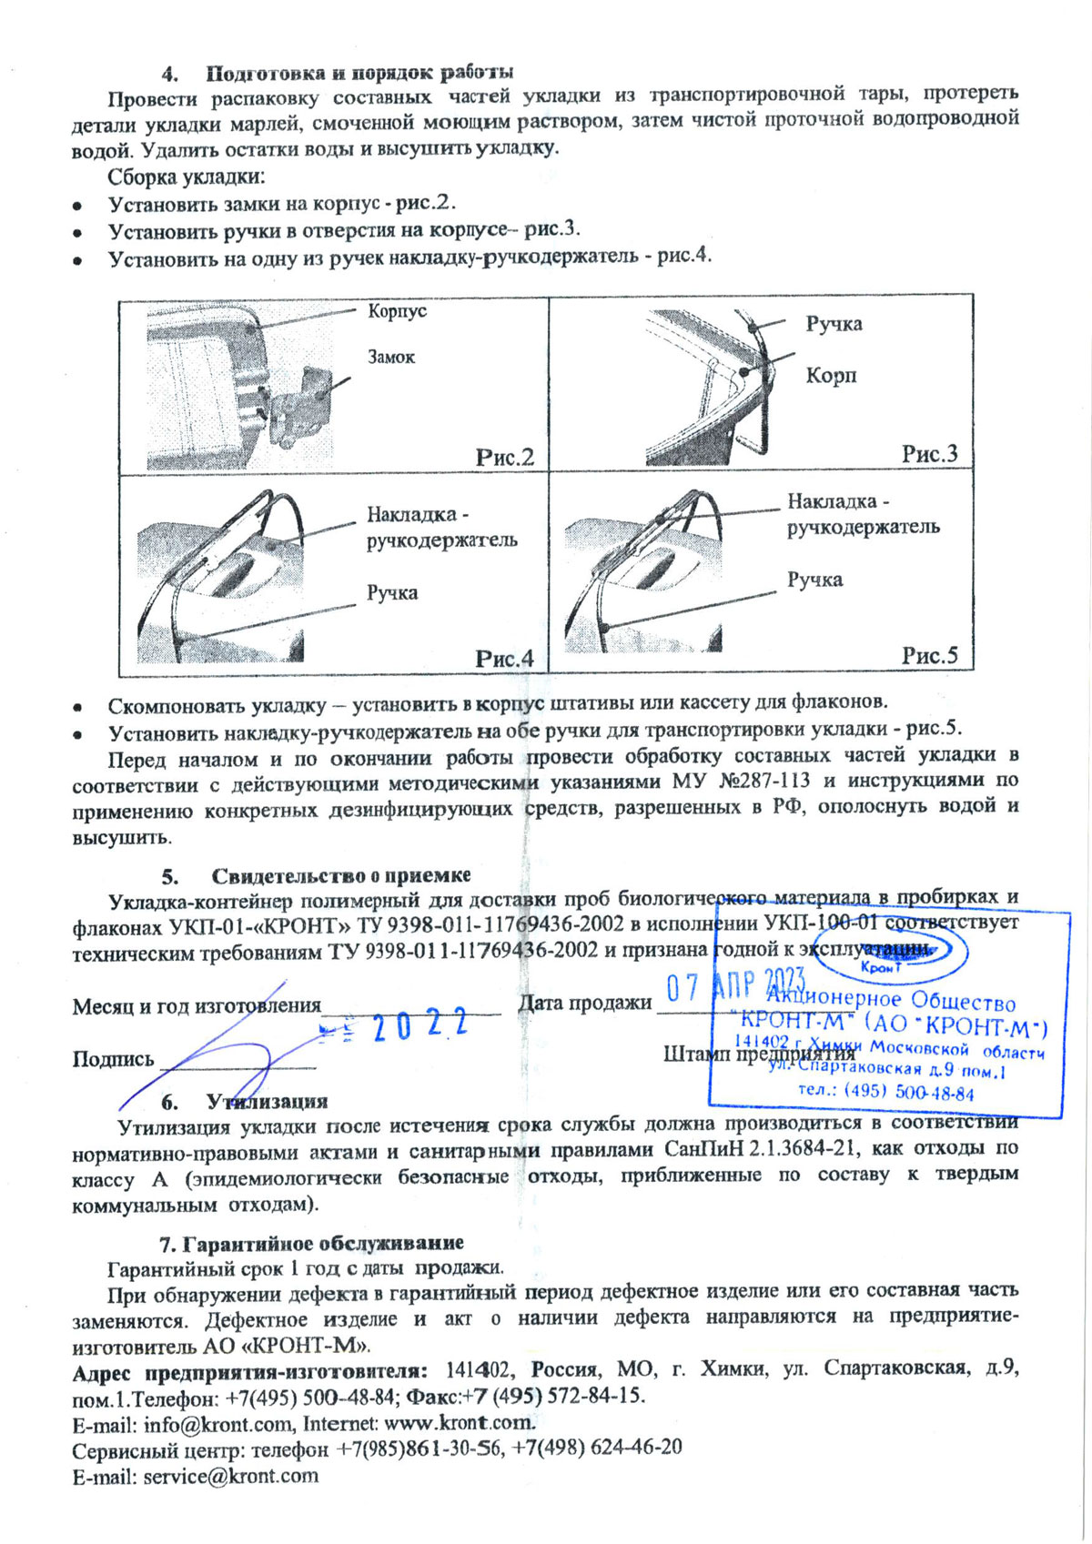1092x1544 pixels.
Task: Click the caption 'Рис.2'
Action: pos(505,457)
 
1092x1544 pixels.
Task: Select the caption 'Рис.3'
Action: pos(929,454)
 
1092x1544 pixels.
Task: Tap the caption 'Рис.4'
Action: pos(505,659)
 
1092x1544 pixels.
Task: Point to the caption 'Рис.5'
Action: pos(929,656)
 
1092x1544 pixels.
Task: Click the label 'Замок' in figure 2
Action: pos(391,358)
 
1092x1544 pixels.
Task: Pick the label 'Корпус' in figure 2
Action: pos(397,311)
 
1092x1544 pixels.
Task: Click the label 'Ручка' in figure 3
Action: pos(834,324)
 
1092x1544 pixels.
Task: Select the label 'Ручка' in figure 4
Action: pos(392,593)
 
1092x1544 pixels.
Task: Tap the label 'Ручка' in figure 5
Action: pos(814,580)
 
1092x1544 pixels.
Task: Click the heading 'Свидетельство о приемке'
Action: pos(340,875)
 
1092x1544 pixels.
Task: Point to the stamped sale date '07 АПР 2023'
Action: pos(736,985)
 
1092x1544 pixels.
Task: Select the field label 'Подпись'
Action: pos(114,1059)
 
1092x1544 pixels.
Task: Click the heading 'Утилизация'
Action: pos(267,1102)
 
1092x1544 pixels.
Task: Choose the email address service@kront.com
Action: pos(231,1477)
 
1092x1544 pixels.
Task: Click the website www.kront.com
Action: pos(459,1423)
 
